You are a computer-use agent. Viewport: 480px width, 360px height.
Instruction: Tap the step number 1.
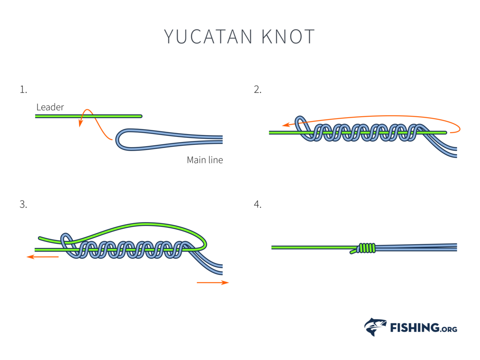coord(23,90)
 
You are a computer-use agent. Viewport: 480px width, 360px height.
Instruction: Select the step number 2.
coord(257,90)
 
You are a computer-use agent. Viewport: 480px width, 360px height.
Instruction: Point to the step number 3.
coord(23,204)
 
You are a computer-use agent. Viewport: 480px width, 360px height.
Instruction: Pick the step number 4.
coord(257,204)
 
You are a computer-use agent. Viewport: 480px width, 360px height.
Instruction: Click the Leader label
coord(50,107)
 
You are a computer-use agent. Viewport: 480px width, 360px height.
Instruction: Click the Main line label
coord(205,160)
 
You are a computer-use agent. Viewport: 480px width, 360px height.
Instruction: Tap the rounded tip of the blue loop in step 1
coord(118,139)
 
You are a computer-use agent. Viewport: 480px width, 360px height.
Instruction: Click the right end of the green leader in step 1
coord(140,116)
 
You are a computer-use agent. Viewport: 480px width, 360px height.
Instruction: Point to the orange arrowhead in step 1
coord(81,124)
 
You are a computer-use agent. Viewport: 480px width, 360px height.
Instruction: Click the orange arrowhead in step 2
coord(285,125)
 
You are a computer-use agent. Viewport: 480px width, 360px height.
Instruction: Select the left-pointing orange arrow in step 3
coord(42,257)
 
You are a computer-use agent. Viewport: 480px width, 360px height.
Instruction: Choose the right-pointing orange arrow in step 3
coord(213,283)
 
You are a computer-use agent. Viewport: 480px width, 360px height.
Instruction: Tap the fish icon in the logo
coord(375,327)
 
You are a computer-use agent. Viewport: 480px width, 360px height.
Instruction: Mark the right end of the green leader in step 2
coord(445,133)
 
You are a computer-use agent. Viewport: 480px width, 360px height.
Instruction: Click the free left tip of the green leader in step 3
coord(40,238)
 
